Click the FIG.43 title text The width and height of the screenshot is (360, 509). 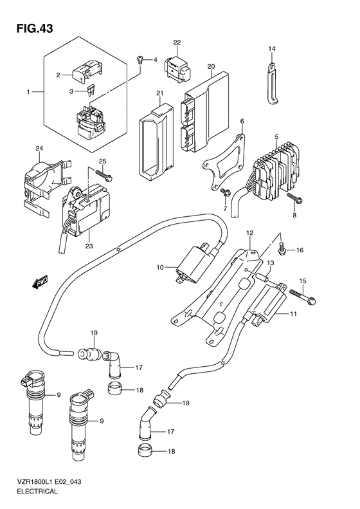[35, 28]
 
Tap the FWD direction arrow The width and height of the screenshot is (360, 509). [40, 282]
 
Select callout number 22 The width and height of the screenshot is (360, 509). [177, 42]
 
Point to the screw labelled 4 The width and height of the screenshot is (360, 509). [140, 60]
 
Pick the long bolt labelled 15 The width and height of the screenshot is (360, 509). [302, 296]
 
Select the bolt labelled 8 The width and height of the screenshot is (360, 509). [294, 199]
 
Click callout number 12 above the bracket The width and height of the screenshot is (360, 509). [249, 233]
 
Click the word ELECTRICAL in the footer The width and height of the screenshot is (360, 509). [37, 491]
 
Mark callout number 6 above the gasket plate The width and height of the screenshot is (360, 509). [242, 122]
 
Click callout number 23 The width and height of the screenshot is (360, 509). [89, 246]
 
